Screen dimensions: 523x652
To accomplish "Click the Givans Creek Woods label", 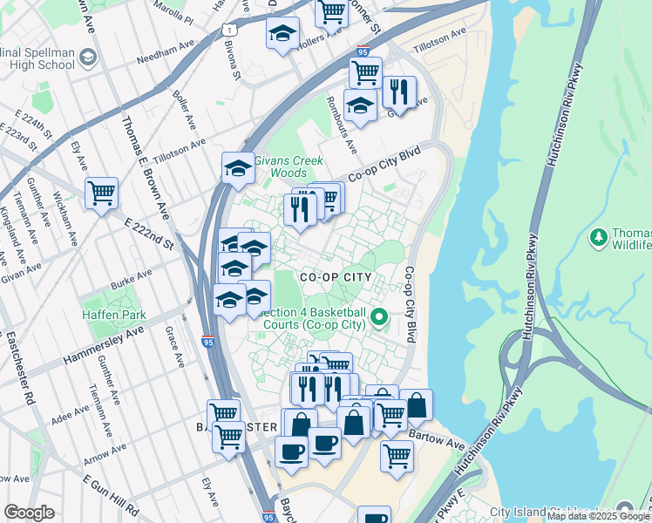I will pyautogui.click(x=289, y=167).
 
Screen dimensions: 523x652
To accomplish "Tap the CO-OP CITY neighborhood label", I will pyautogui.click(x=336, y=277).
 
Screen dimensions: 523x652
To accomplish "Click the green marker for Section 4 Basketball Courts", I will pyautogui.click(x=379, y=316).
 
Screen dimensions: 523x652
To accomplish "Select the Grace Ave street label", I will pyautogui.click(x=173, y=348).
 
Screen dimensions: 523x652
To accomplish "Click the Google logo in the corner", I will pyautogui.click(x=29, y=513).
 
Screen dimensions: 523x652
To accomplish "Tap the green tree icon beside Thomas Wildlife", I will pyautogui.click(x=598, y=237).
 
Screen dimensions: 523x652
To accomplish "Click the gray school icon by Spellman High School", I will pyautogui.click(x=86, y=58).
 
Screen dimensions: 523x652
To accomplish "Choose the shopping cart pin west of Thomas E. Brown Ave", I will pyautogui.click(x=102, y=192).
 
